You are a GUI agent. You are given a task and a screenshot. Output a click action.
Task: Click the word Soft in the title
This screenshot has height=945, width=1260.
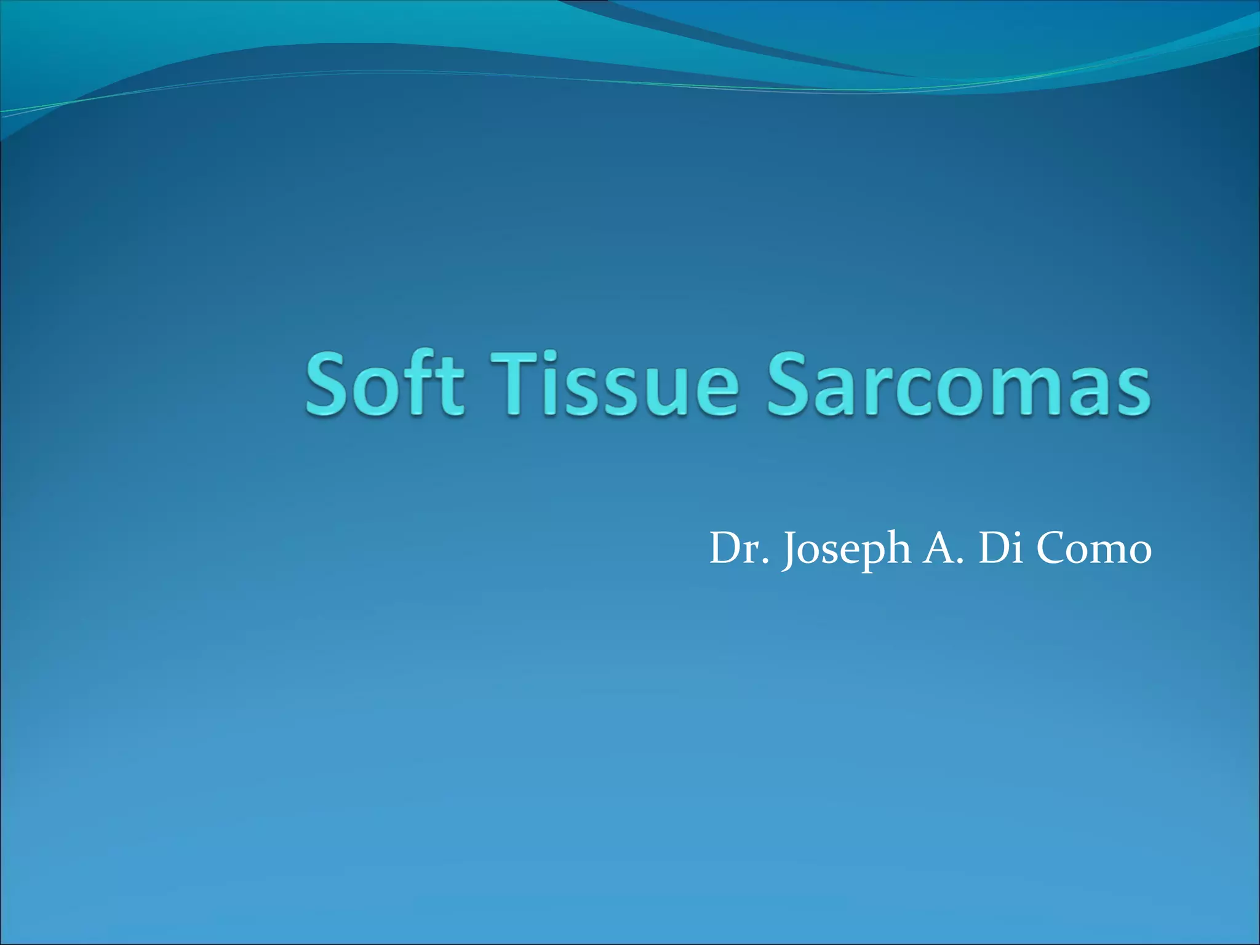coord(384,385)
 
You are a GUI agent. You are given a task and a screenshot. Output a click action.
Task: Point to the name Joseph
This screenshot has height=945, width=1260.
coord(847,549)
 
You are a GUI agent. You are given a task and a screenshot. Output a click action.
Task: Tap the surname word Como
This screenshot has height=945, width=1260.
coord(1094,549)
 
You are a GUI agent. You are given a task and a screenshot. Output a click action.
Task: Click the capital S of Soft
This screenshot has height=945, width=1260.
coord(329,385)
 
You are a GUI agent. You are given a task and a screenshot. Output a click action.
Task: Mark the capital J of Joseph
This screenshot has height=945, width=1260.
coord(791,549)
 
